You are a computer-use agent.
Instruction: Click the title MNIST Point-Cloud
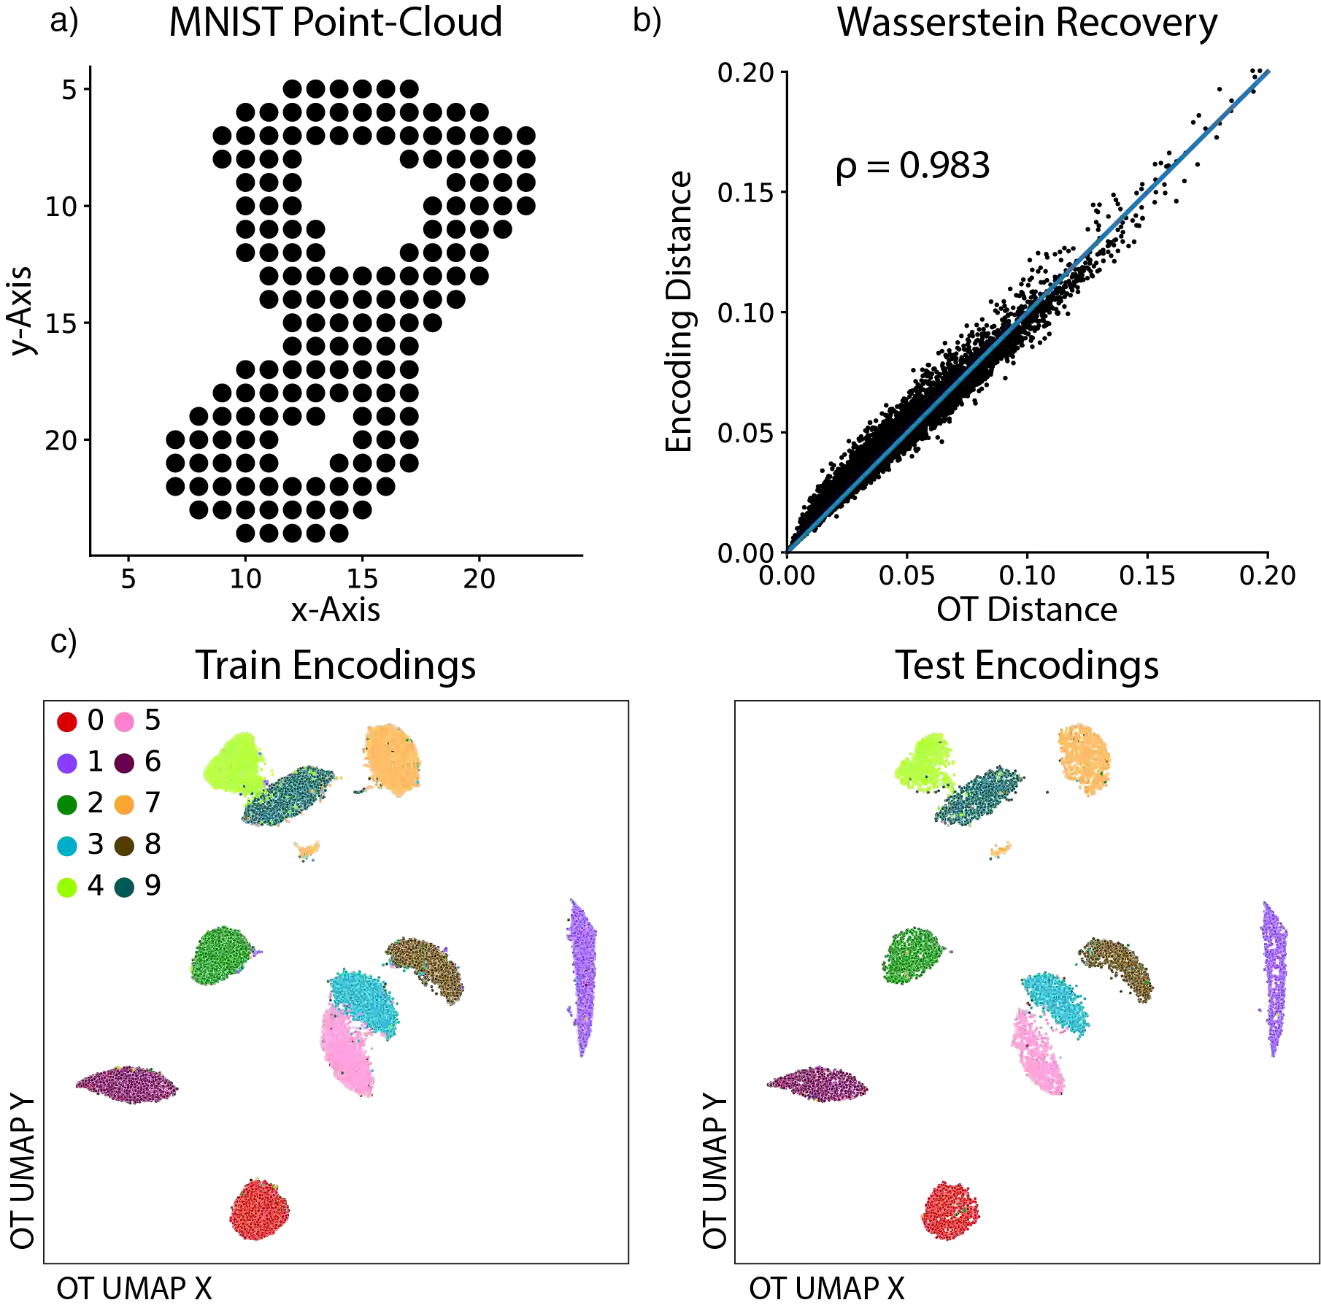click(x=335, y=23)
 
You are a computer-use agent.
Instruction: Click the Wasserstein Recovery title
click(x=1027, y=25)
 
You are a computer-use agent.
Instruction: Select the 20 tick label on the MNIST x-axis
click(x=479, y=577)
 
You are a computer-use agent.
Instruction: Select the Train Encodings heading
click(x=336, y=666)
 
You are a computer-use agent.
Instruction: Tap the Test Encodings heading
click(x=1028, y=666)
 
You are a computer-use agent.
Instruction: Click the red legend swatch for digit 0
click(x=66, y=722)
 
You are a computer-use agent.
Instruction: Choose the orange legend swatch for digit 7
click(x=123, y=804)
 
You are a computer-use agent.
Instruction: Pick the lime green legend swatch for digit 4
click(x=66, y=887)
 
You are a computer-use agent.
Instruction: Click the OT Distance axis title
click(x=1027, y=612)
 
